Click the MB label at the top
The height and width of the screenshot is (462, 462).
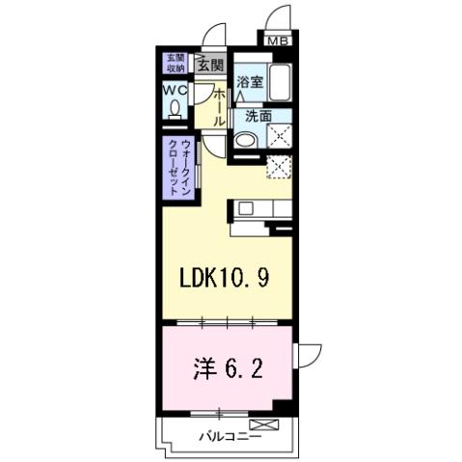pos(278,41)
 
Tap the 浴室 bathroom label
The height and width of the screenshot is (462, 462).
pos(250,83)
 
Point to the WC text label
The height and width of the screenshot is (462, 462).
pos(175,91)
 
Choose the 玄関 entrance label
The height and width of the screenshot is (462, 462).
pos(210,66)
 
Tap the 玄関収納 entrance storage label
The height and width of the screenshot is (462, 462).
pos(175,63)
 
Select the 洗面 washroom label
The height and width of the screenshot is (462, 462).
pos(257,117)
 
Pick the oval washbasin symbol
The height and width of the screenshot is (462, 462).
pos(246,141)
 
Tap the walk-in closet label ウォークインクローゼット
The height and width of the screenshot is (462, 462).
pos(176,166)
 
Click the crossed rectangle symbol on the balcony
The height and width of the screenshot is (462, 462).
pos(261,424)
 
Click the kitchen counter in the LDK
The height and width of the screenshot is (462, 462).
pos(258,208)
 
